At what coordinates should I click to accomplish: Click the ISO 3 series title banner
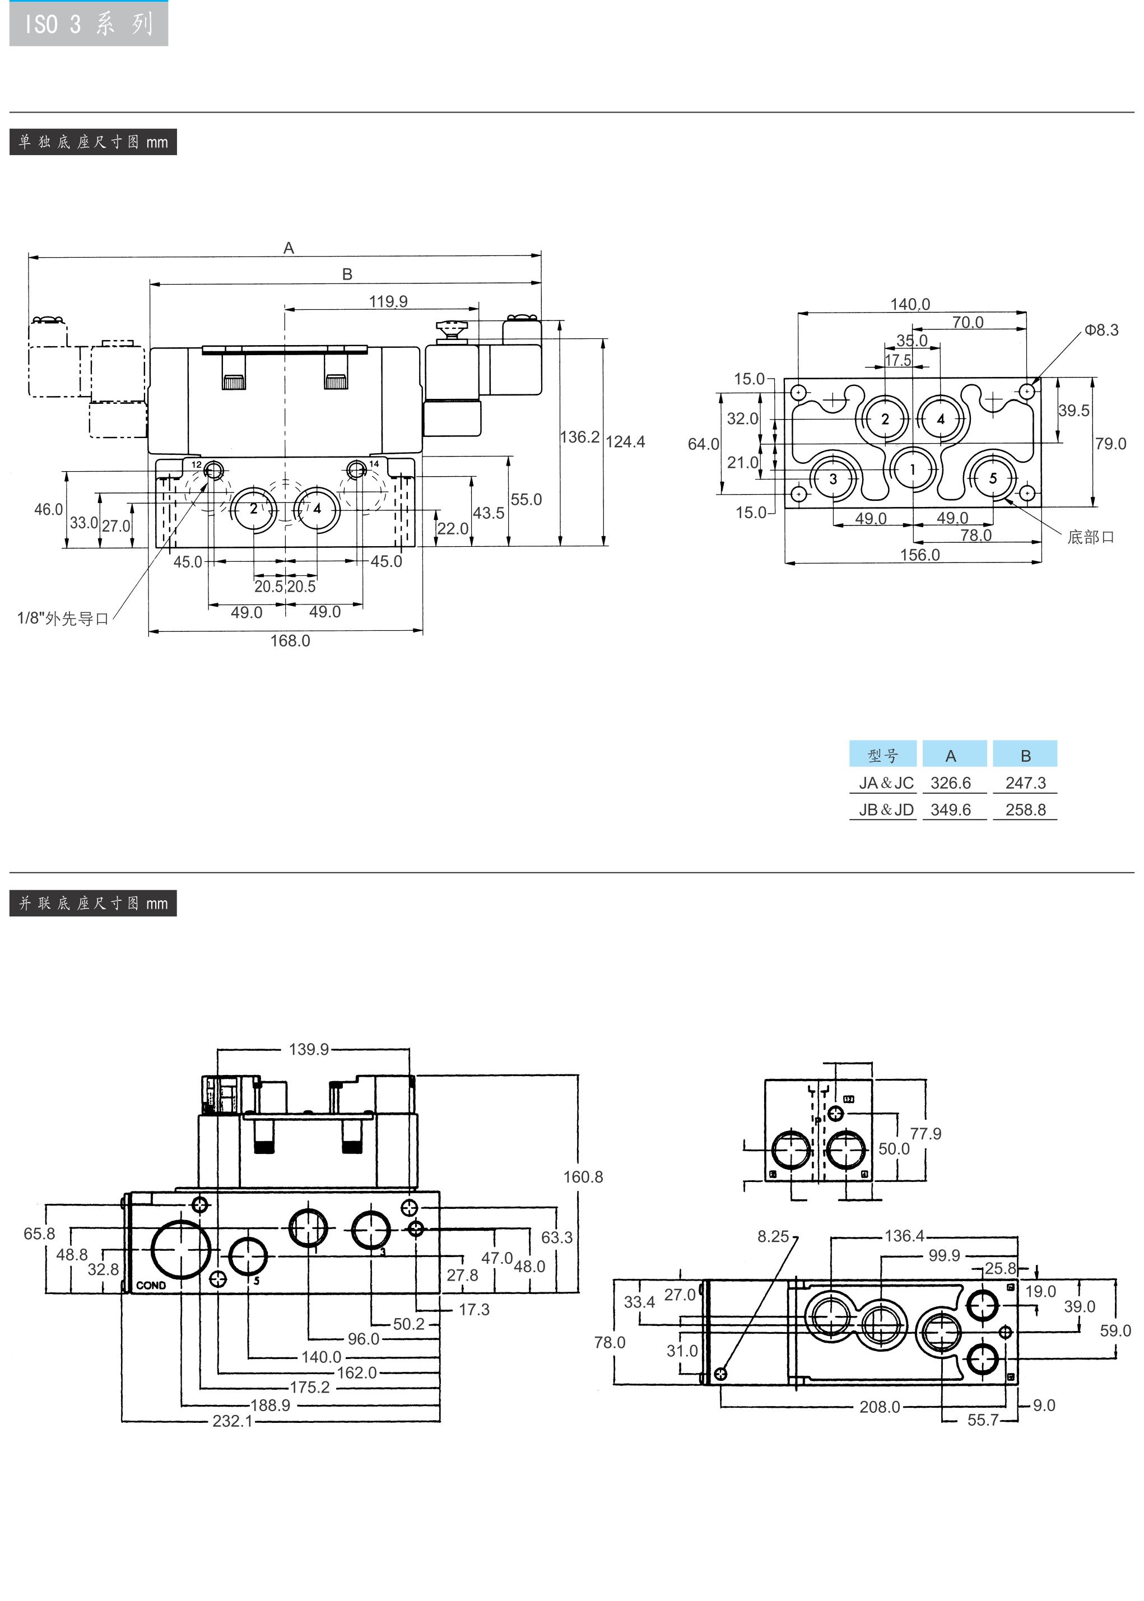(88, 24)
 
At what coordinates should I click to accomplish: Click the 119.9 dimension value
(388, 301)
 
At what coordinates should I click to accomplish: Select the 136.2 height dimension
(580, 438)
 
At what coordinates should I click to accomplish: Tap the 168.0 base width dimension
(290, 641)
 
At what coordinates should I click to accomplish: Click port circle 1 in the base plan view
(913, 469)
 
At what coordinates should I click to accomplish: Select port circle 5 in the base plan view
(993, 478)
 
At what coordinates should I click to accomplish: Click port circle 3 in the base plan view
(833, 479)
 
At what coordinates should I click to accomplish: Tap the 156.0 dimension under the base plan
(920, 555)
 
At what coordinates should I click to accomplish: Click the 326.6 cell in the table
(950, 783)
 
